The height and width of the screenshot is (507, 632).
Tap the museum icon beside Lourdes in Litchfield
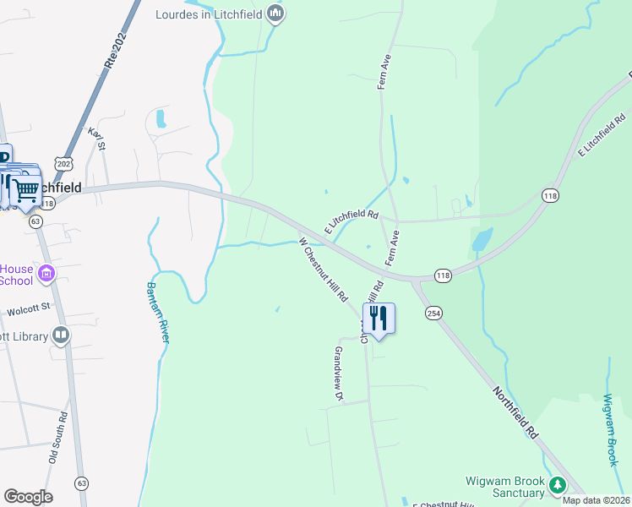(275, 14)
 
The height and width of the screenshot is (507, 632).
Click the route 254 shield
(433, 313)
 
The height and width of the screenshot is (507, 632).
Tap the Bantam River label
(161, 311)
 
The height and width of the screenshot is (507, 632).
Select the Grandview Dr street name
(339, 373)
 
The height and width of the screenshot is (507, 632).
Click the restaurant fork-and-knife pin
(379, 319)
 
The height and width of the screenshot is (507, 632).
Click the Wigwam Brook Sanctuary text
(505, 487)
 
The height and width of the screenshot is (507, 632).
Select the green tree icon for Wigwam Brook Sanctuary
(556, 485)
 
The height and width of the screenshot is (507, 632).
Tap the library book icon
(61, 335)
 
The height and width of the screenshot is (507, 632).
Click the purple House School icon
(46, 273)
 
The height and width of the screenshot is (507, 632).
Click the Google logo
(28, 496)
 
